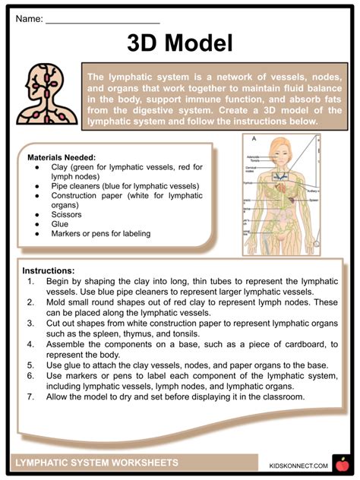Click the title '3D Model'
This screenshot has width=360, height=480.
(x=180, y=42)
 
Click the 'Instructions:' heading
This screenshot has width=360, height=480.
(x=48, y=270)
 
